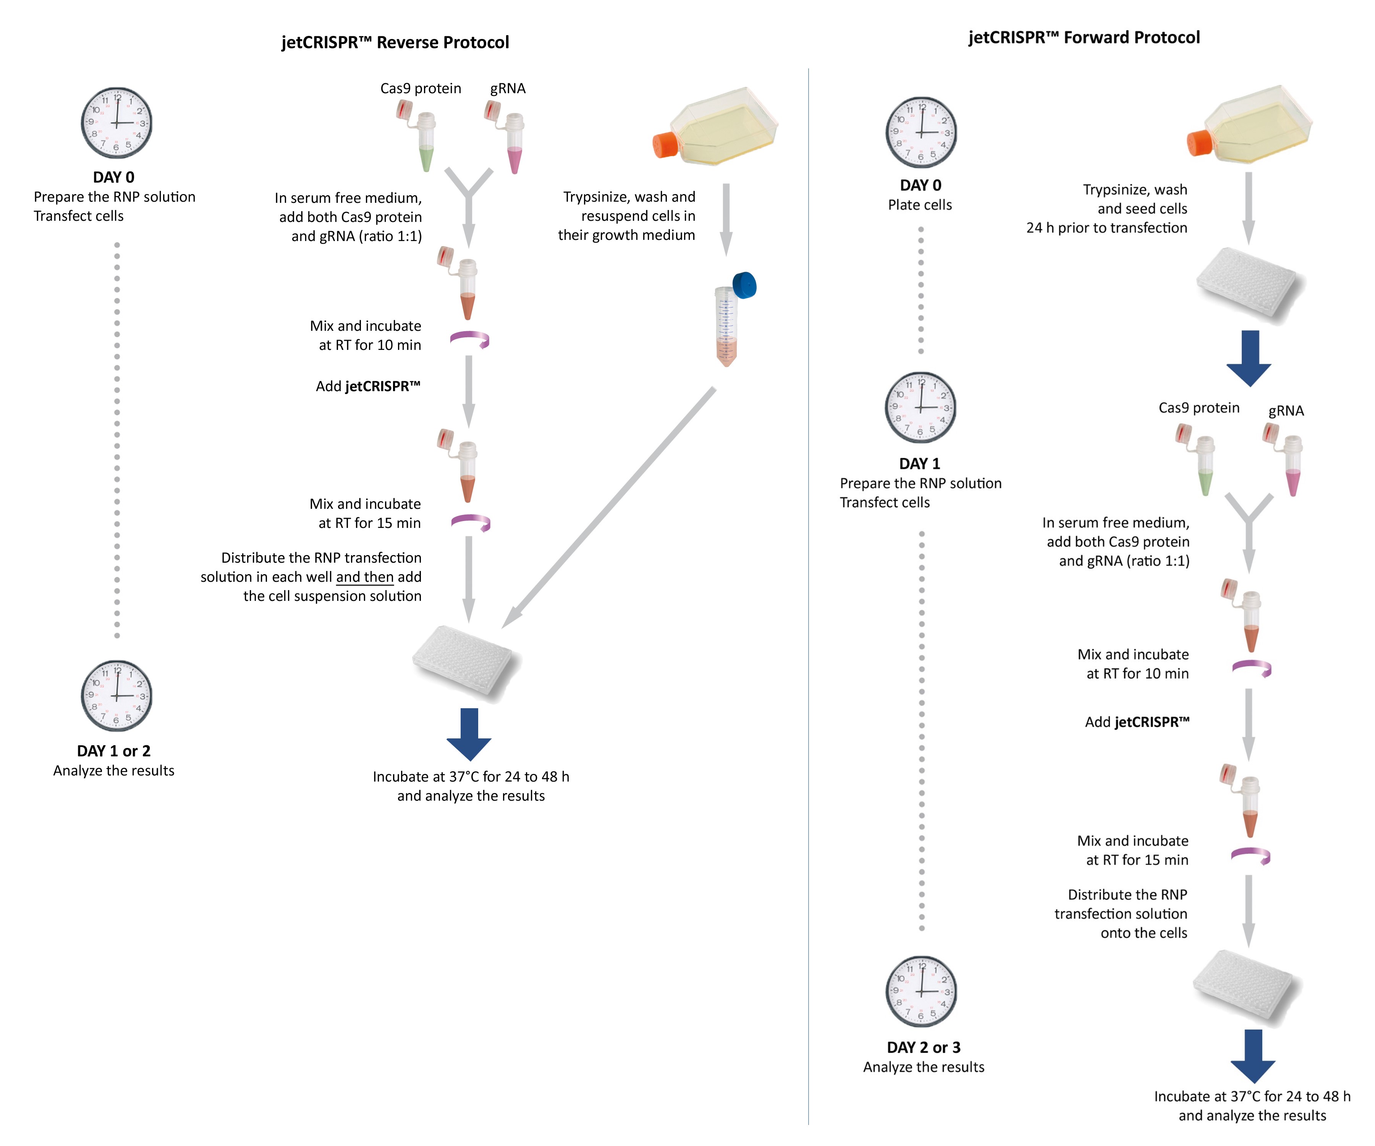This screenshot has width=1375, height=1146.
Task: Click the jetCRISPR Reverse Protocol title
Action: [395, 42]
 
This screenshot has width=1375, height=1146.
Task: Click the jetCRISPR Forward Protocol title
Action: [1084, 37]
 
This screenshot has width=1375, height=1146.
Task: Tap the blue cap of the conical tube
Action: [744, 285]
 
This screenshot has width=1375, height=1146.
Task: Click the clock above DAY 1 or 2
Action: [116, 696]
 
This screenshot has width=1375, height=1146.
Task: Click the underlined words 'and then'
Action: [365, 577]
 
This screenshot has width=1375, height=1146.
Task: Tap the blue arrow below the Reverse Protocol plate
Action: [469, 733]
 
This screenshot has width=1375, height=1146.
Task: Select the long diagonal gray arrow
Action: [609, 508]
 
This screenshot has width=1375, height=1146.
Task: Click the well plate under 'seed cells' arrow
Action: [1248, 285]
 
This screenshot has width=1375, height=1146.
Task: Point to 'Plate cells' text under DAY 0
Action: [920, 205]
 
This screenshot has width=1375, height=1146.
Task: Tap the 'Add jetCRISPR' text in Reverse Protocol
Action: [368, 386]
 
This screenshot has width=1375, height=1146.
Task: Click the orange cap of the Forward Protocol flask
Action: [1200, 143]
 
